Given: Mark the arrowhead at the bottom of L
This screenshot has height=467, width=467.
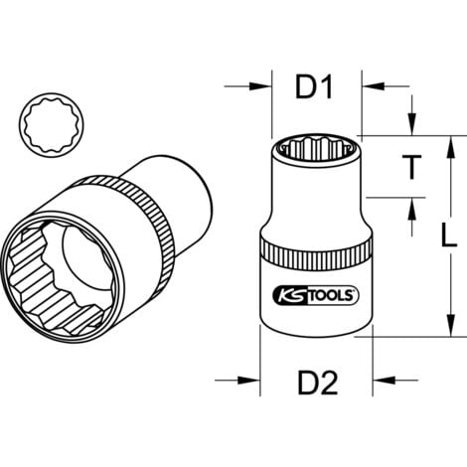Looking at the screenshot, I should tap(438, 328).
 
